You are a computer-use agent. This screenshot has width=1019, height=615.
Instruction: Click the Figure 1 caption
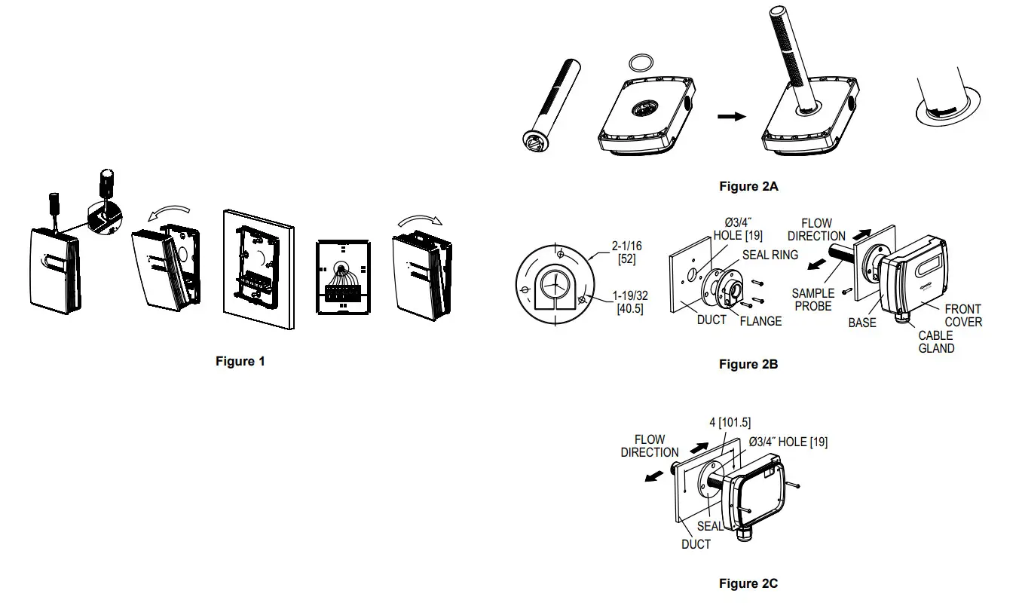[x=240, y=362]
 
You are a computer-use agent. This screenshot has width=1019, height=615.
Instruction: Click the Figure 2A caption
[x=748, y=186]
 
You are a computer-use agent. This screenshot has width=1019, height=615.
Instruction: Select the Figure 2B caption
[x=748, y=365]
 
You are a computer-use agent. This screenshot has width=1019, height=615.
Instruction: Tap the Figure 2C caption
[x=748, y=583]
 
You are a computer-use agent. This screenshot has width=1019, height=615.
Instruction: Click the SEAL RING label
[x=770, y=255]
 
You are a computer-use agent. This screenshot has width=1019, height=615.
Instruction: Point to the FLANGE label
[x=760, y=321]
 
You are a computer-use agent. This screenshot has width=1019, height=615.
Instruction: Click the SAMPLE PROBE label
[x=813, y=300]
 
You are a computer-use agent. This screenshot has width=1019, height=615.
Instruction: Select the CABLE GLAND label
[x=936, y=342]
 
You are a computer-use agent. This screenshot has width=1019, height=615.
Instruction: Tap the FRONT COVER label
[x=963, y=315]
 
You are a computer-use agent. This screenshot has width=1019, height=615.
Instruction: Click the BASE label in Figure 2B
[x=862, y=323]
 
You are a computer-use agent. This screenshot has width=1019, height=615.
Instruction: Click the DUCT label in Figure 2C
[x=696, y=544]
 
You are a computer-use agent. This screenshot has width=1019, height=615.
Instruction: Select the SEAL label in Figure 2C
[x=710, y=526]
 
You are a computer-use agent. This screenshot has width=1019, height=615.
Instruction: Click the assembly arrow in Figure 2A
[x=730, y=117]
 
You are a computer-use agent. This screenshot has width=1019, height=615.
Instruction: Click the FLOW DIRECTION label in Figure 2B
[x=816, y=230]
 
